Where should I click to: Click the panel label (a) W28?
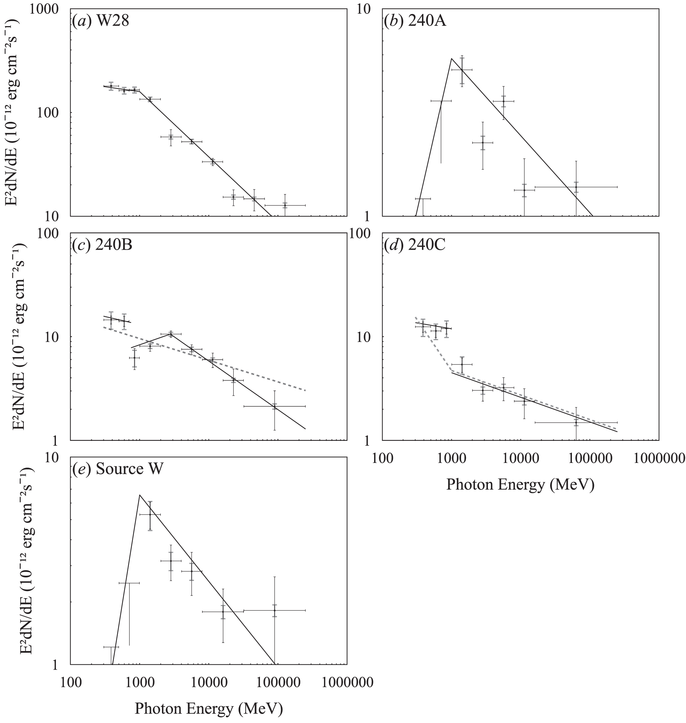pos(101,21)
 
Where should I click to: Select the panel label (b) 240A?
pos(415,21)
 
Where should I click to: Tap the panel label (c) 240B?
pos(102,245)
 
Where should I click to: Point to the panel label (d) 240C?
pos(415,245)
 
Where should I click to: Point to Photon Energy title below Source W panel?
pos(209,708)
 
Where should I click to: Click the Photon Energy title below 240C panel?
pos(520,485)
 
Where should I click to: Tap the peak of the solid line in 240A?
pos(452,59)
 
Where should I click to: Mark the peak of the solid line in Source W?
pos(139,495)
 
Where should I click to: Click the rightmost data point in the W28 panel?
pos(285,205)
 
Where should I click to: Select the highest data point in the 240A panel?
pos(462,70)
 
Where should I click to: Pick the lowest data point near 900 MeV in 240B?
pos(135,358)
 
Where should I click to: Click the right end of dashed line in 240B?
pos(305,391)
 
